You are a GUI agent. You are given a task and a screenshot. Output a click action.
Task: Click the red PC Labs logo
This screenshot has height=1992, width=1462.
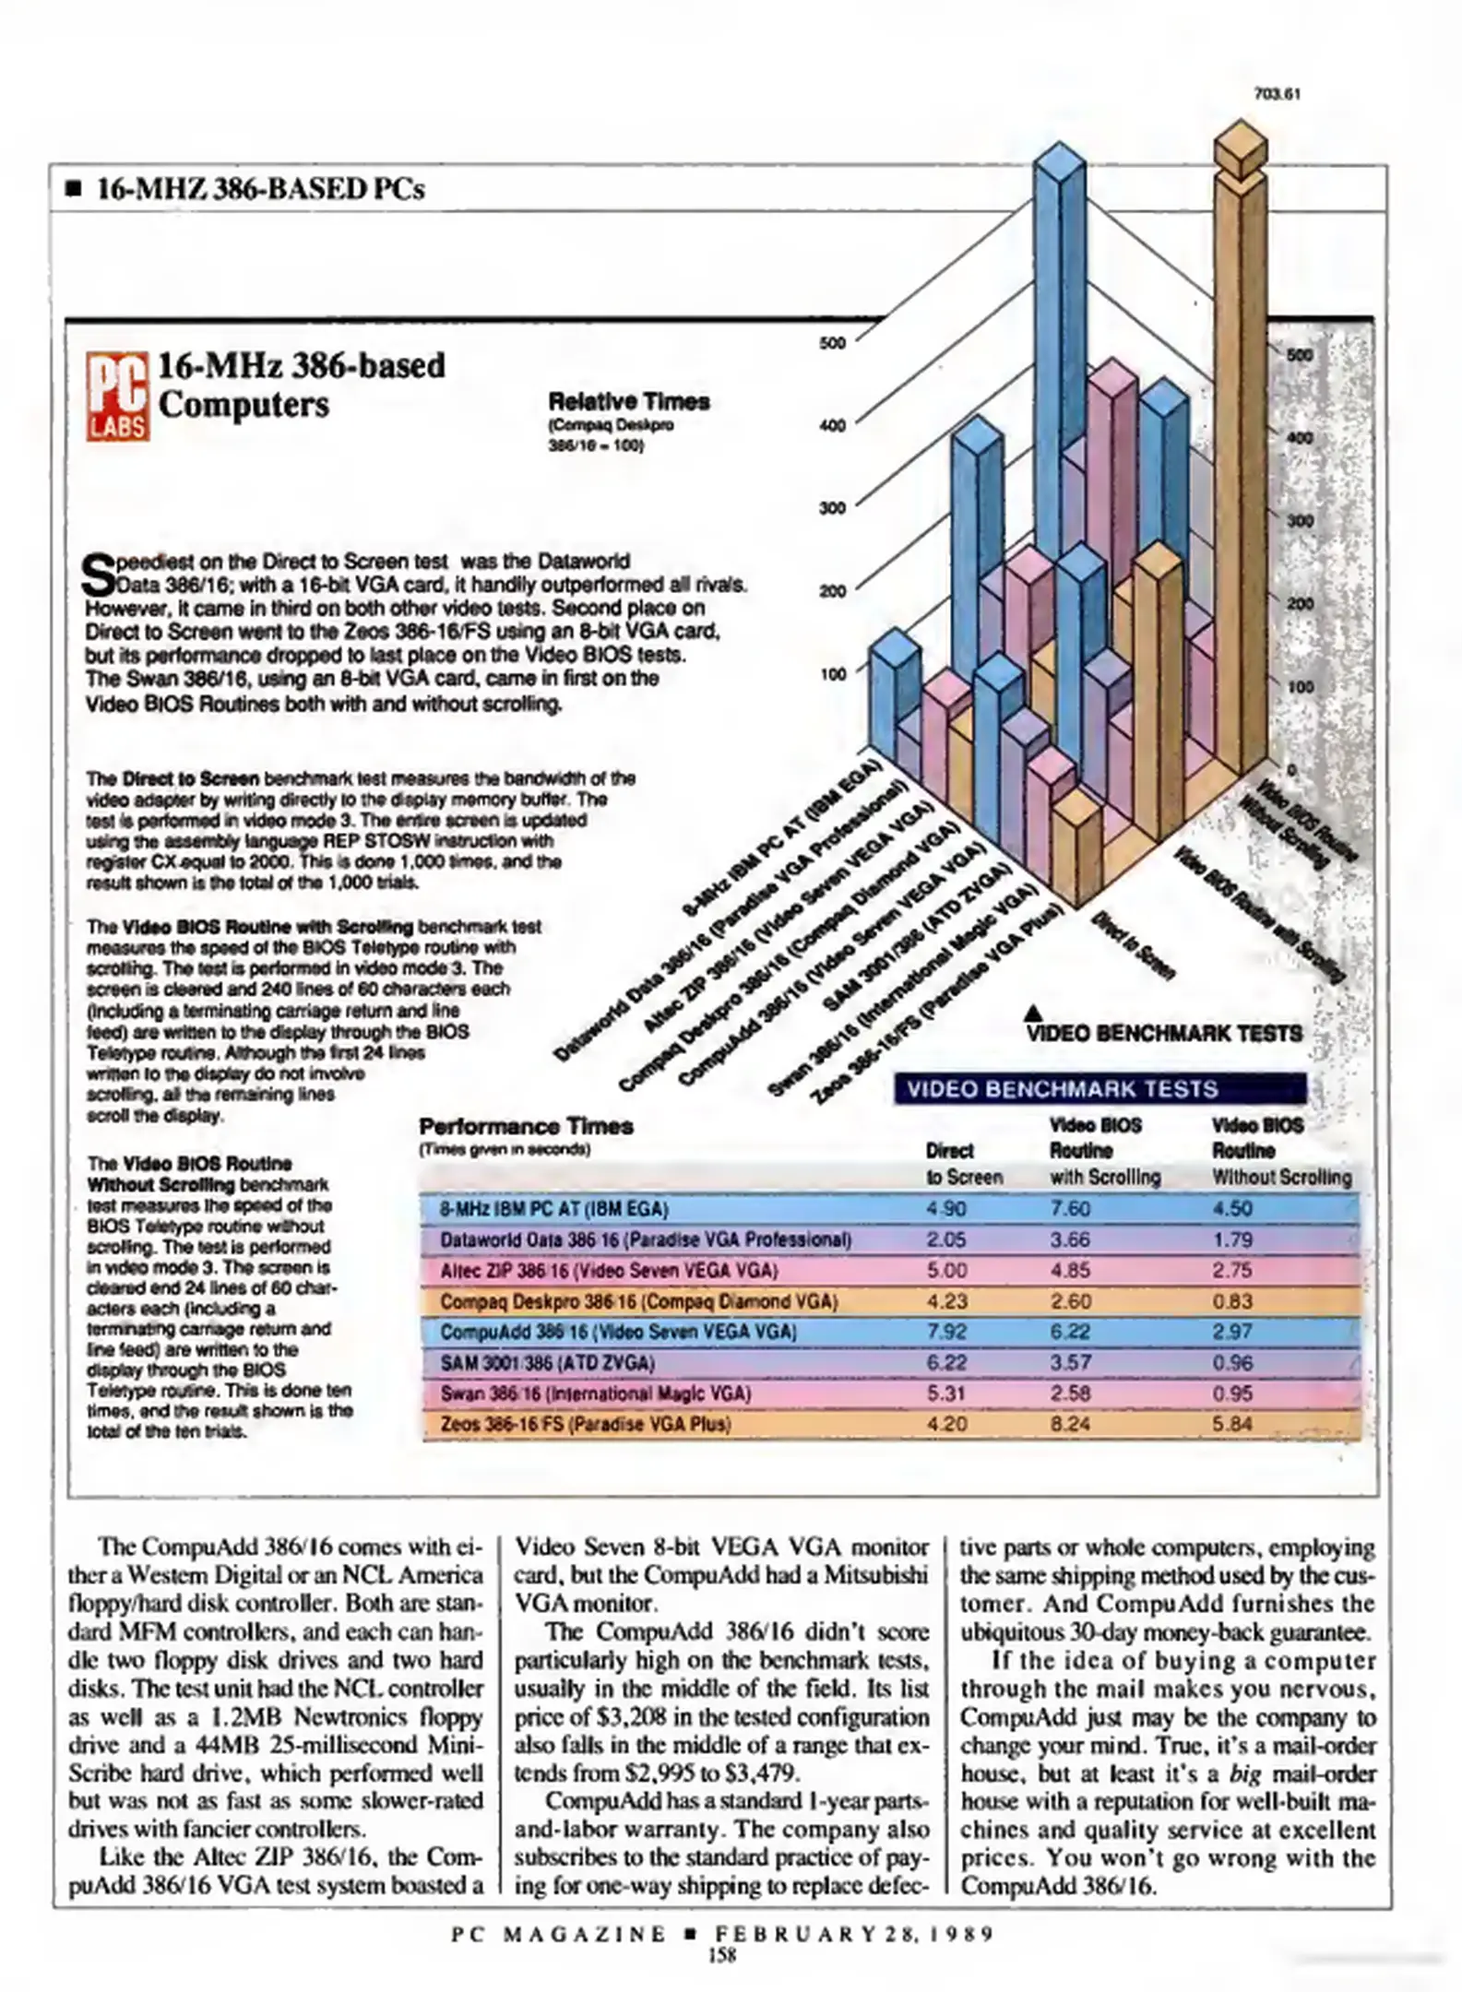point(118,397)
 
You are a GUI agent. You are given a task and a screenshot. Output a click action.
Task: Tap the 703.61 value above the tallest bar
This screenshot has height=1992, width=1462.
point(1278,94)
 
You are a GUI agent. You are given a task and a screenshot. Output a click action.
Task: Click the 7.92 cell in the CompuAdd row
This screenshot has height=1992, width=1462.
point(946,1332)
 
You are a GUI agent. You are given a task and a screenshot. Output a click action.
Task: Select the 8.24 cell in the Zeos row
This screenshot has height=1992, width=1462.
point(1070,1424)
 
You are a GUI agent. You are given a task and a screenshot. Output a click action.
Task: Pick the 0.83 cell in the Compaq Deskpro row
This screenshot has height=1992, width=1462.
point(1232,1301)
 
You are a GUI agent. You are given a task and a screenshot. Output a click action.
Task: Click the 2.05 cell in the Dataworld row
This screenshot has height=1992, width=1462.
point(946,1239)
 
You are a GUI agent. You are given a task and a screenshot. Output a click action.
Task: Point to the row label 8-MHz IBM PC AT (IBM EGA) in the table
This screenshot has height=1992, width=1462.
point(553,1209)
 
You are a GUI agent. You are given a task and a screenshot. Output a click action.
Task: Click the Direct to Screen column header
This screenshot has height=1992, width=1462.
point(963,1164)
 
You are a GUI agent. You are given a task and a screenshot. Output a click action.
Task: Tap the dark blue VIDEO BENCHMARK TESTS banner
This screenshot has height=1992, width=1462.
point(1099,1089)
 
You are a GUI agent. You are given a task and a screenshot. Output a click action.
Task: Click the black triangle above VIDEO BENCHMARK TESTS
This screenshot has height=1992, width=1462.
point(1034,1013)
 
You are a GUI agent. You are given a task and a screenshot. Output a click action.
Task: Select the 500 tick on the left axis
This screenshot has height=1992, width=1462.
point(832,343)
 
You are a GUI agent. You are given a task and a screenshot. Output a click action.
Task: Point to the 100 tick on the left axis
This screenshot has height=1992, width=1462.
point(832,674)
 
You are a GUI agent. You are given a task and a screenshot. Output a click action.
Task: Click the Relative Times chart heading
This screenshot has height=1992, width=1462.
point(629,402)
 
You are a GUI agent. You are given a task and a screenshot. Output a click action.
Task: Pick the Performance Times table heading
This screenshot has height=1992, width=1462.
point(526,1127)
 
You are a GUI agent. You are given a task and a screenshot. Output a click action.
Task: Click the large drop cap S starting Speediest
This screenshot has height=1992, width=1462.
point(99,575)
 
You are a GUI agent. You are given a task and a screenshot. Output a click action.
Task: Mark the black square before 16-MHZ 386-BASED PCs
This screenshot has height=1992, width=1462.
point(74,190)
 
